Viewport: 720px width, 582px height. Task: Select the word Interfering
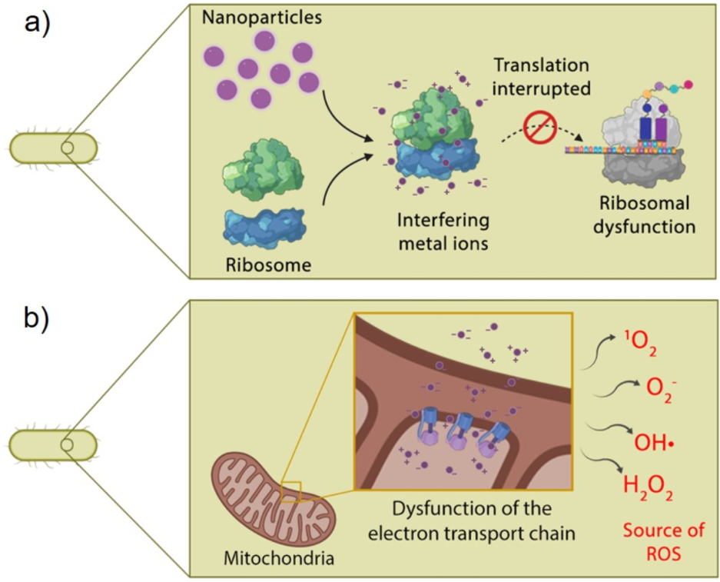(443, 221)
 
